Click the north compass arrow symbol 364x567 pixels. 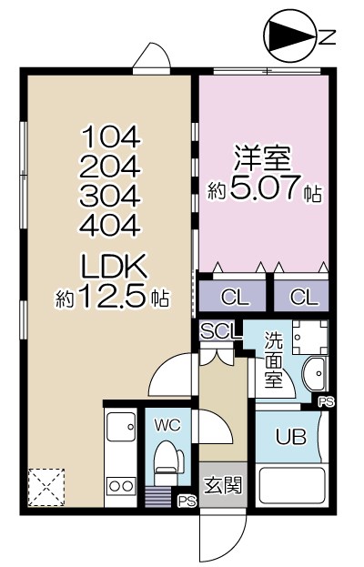pos(289,36)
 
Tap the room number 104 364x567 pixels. pos(112,137)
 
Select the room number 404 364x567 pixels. pos(112,224)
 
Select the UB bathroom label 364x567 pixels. pos(290,436)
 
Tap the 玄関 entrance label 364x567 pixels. pos(222,484)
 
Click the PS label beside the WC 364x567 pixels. pos(187,501)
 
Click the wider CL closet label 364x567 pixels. pos(232,297)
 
